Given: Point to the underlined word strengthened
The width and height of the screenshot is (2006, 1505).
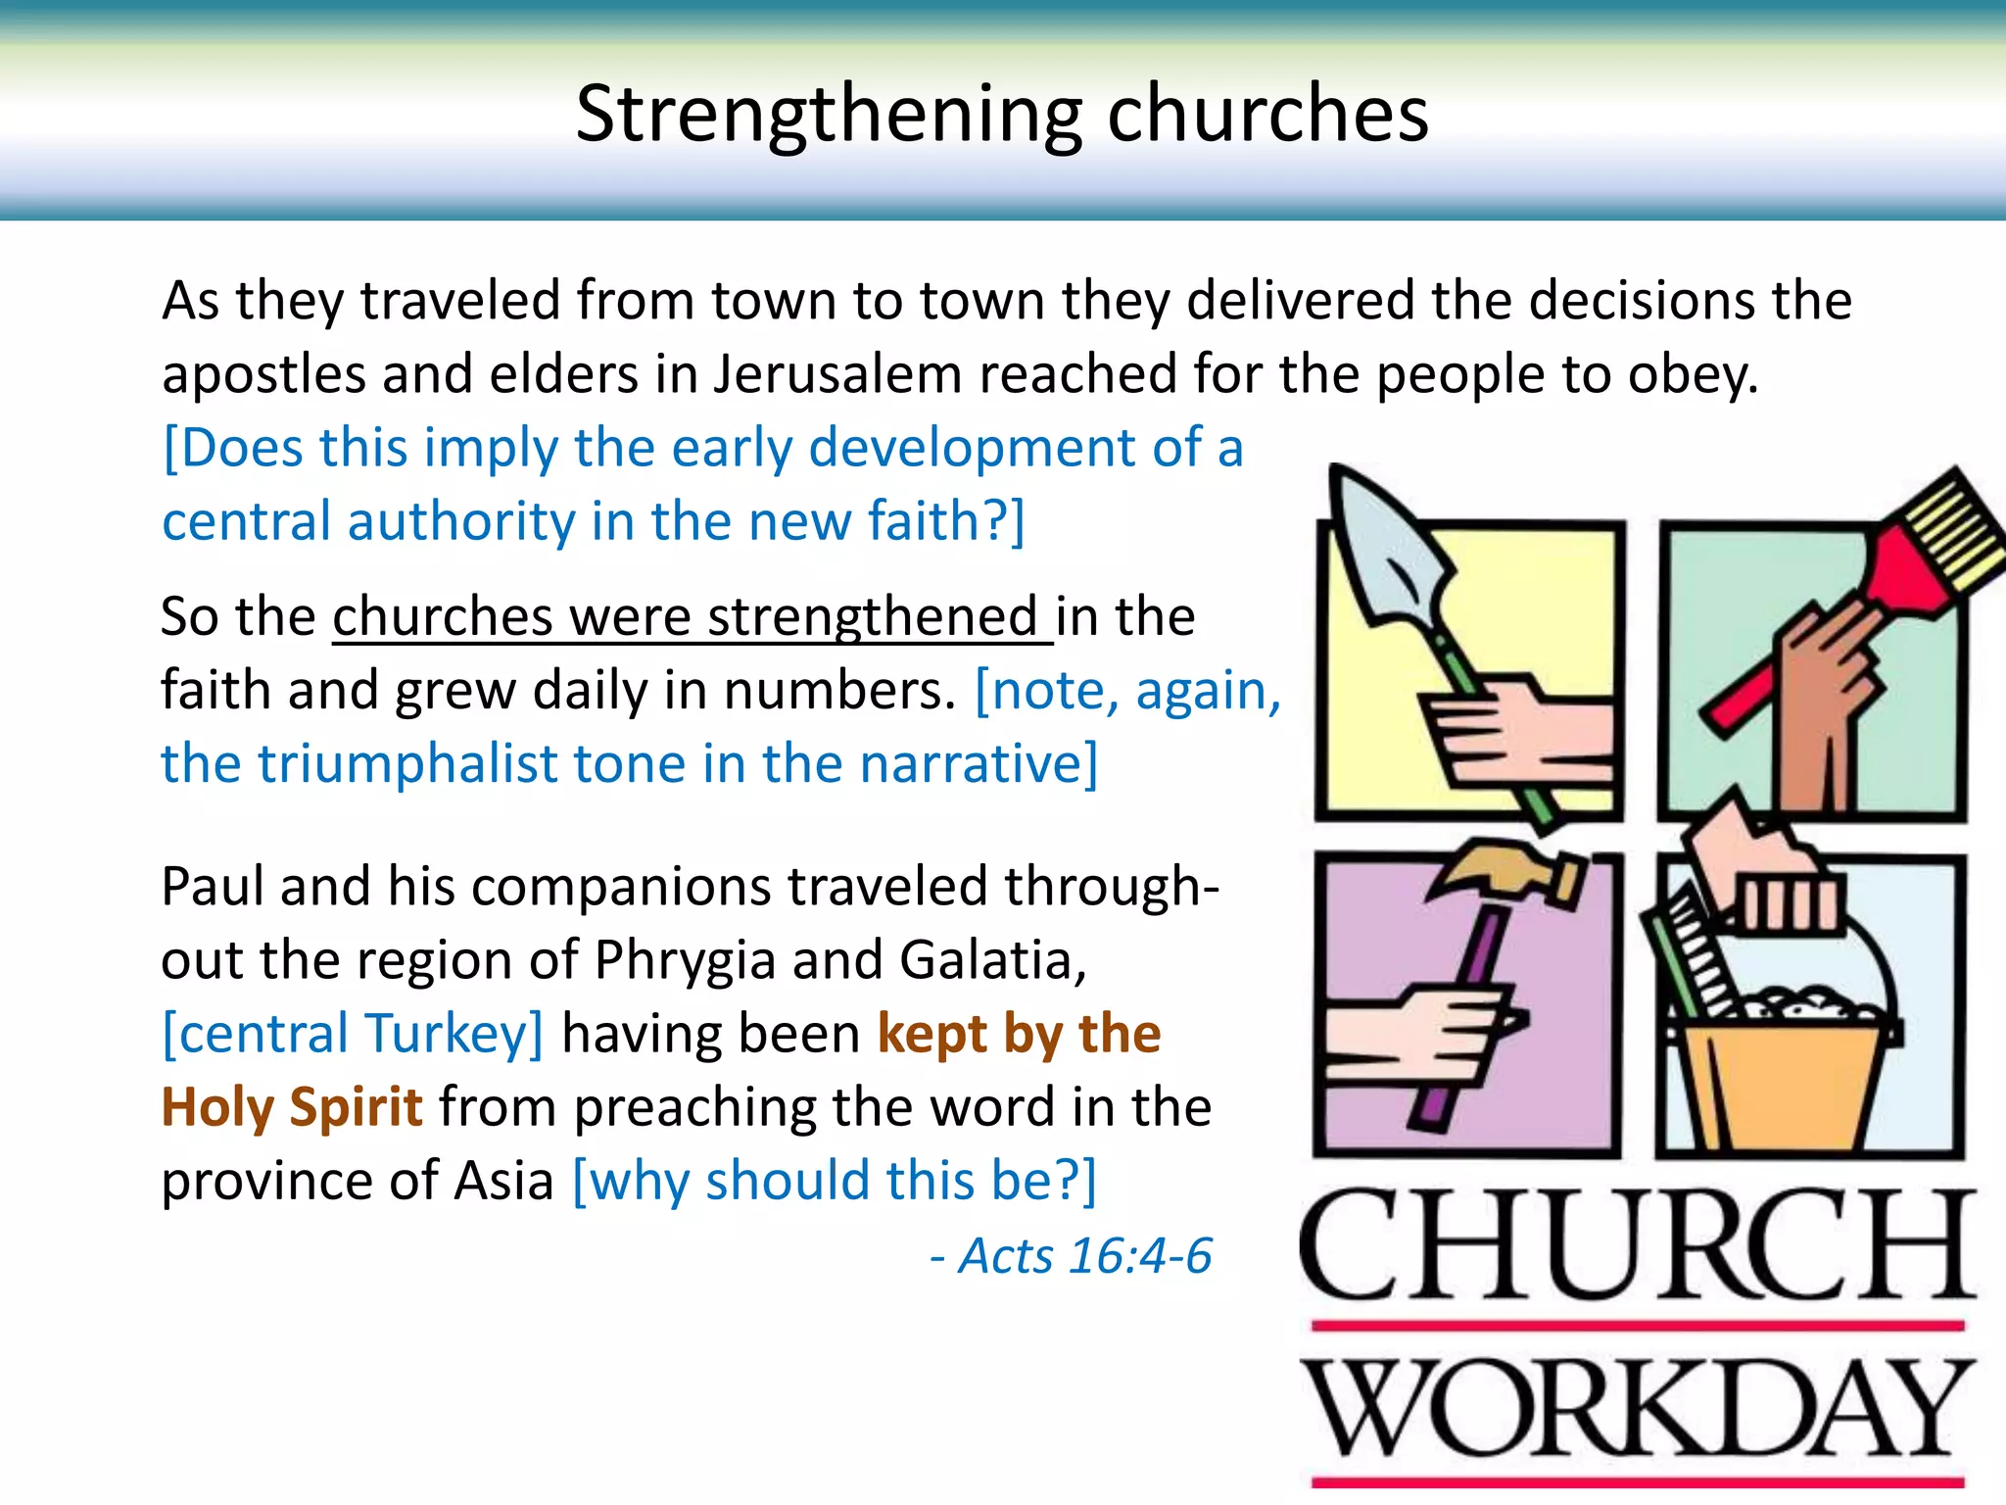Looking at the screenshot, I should [872, 617].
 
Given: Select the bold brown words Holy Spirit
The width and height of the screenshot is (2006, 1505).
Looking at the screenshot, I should [292, 1107].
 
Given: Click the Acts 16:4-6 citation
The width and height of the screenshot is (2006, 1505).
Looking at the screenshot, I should [1072, 1256].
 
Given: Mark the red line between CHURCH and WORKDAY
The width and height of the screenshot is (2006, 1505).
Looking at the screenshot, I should [1636, 1326].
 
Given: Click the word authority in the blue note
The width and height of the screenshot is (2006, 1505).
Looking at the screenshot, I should [461, 521].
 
